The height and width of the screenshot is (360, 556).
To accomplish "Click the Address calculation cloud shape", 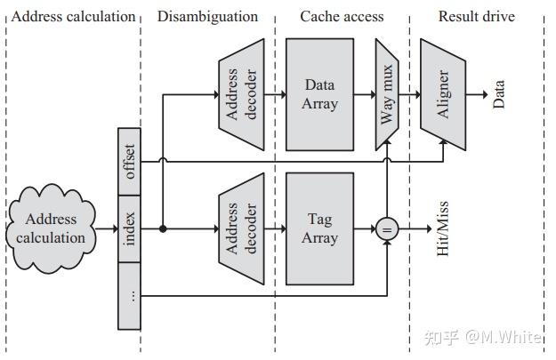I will pyautogui.click(x=51, y=228).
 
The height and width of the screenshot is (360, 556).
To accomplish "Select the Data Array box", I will pyautogui.click(x=320, y=95).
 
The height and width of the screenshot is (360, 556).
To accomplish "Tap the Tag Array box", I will pyautogui.click(x=320, y=229).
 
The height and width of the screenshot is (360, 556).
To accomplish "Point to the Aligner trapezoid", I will pyautogui.click(x=444, y=95).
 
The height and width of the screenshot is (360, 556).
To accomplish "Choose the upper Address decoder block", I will pyautogui.click(x=241, y=95).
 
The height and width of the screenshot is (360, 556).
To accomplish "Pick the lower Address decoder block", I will pyautogui.click(x=241, y=229).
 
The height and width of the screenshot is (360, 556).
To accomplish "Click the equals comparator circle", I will pyautogui.click(x=387, y=229).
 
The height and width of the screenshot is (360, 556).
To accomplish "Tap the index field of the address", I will pyautogui.click(x=130, y=229).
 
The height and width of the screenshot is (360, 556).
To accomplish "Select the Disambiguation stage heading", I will pyautogui.click(x=207, y=16).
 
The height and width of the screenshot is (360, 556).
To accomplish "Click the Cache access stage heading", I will pyautogui.click(x=341, y=16).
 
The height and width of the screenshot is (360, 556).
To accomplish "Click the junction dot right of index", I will pyautogui.click(x=163, y=229).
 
